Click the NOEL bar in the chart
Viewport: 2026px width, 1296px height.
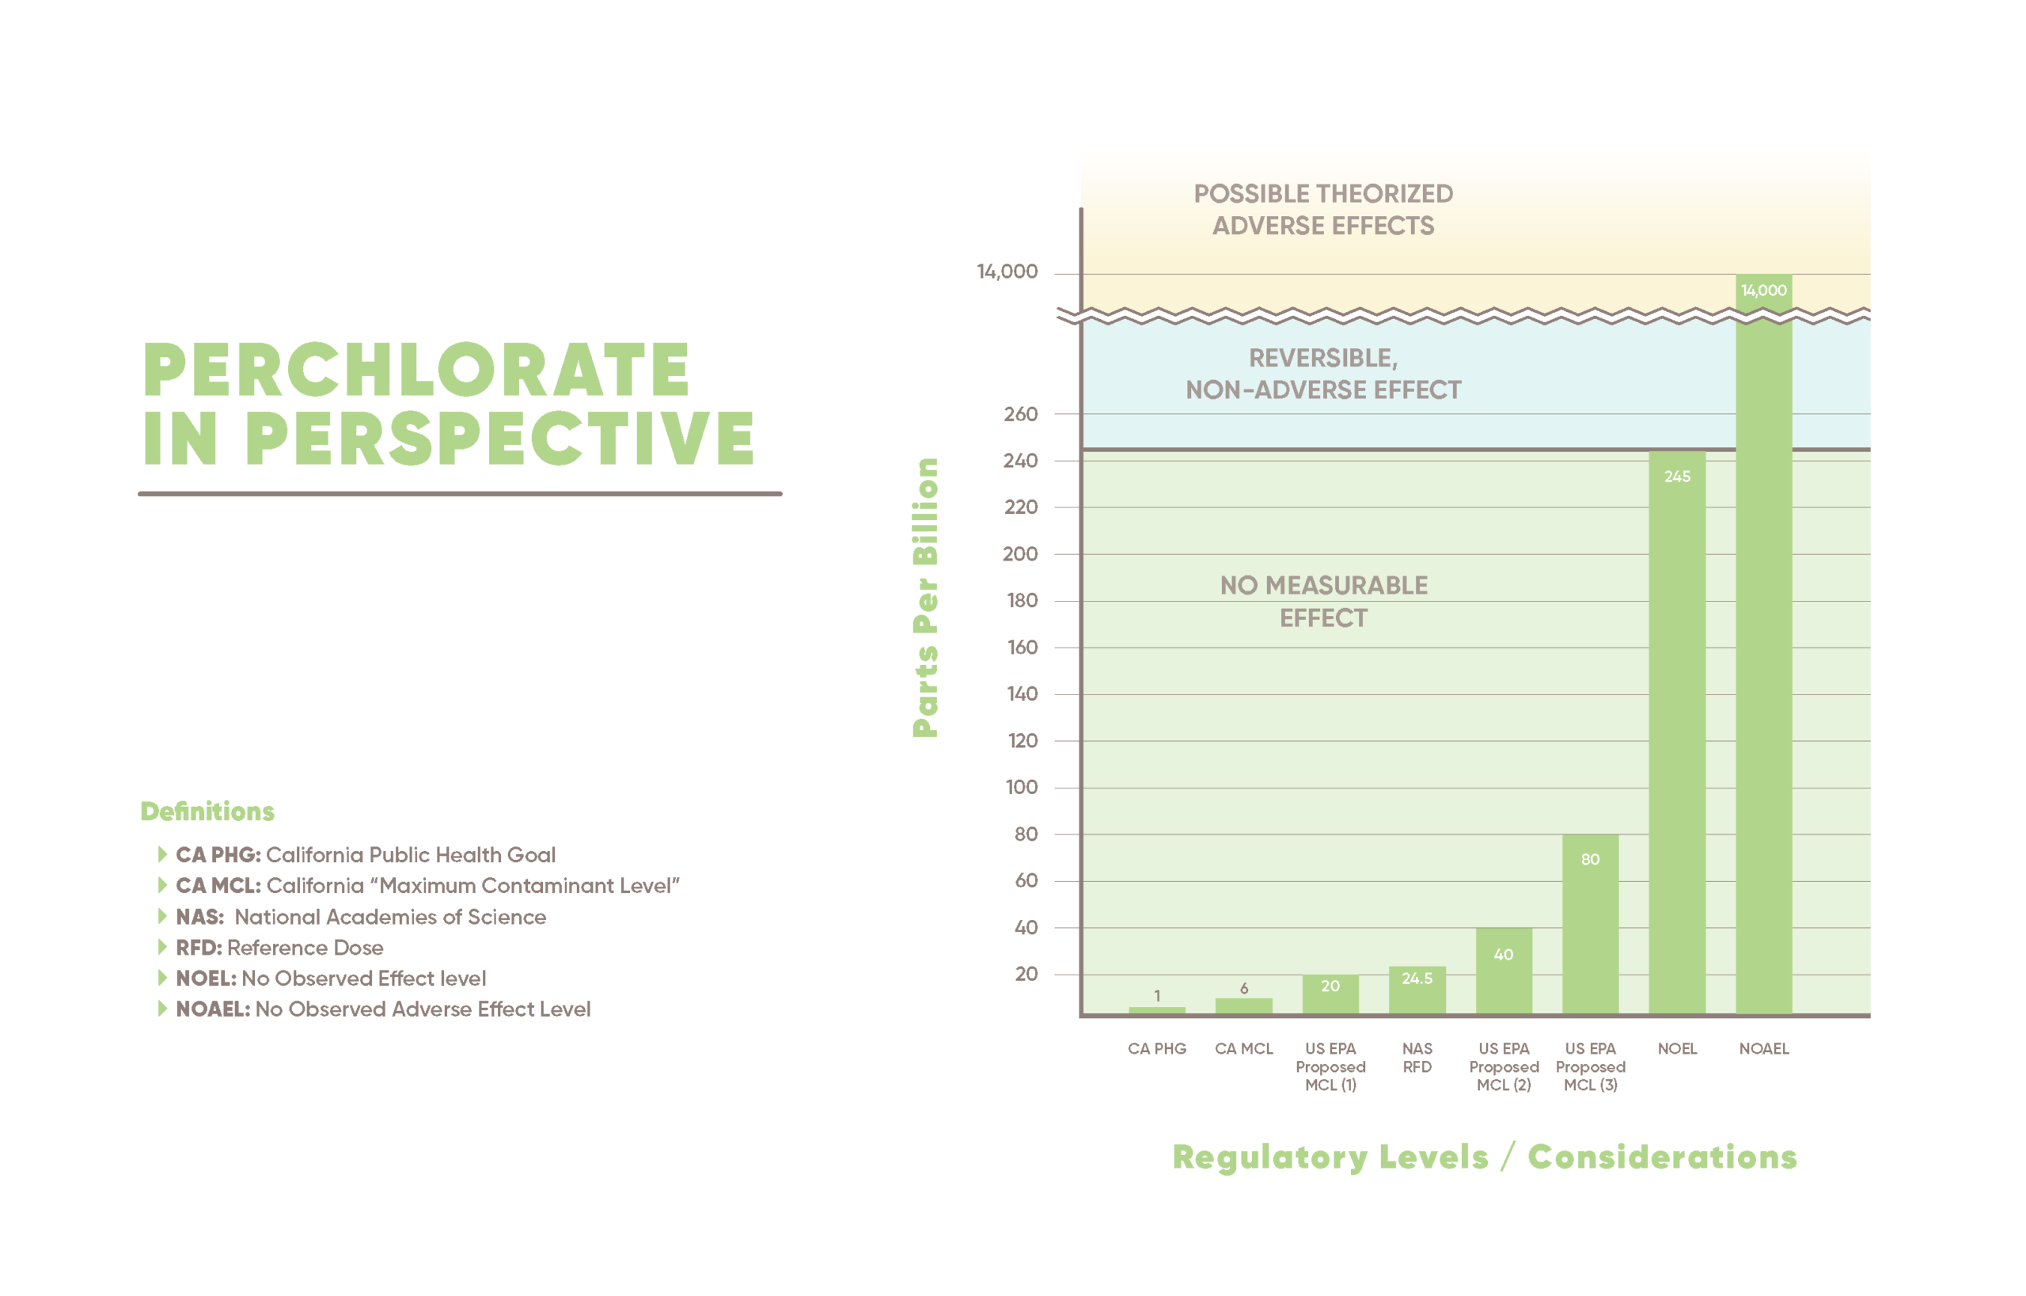(1676, 732)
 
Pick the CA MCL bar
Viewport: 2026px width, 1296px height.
(1243, 1005)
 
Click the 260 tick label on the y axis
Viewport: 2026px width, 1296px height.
(1020, 414)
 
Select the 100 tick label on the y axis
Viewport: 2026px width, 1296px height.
(1022, 787)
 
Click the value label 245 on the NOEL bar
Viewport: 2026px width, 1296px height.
(1677, 477)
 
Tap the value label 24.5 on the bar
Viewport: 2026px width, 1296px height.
(1417, 978)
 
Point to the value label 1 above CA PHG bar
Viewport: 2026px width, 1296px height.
(1157, 996)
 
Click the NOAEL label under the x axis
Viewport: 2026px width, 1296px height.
(1763, 1048)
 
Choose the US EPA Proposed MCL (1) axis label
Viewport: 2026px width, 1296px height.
(1330, 1066)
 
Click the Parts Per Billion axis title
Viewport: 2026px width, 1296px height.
(925, 598)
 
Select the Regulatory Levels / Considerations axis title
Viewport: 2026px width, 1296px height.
(1484, 1157)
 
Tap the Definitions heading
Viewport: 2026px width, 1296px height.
(207, 811)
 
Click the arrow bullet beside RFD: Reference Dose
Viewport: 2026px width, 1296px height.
(162, 947)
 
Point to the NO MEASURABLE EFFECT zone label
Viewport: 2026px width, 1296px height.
(1323, 601)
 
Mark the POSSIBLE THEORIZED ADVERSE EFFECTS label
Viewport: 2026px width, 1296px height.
(1323, 210)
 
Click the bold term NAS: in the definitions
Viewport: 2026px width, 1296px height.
(199, 917)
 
